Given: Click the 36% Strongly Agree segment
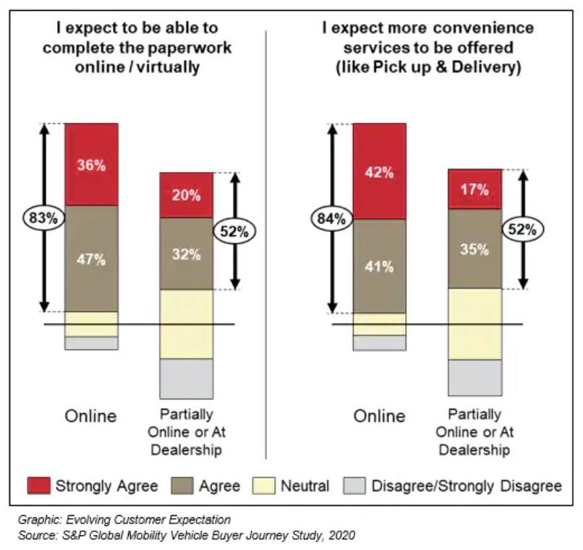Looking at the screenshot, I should pos(91,165).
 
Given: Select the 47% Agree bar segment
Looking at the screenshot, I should pos(91,259).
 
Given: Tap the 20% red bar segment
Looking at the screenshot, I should pos(186,195).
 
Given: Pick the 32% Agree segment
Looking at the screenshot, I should pos(186,253).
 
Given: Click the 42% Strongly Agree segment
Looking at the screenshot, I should pos(379,172).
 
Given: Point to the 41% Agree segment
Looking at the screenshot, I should pos(379,266).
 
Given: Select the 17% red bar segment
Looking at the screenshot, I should pos(475,190).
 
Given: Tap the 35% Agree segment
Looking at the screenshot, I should pos(475,248).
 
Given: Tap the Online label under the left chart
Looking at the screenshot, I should pos(91,416).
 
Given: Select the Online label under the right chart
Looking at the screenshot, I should pos(379,416).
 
